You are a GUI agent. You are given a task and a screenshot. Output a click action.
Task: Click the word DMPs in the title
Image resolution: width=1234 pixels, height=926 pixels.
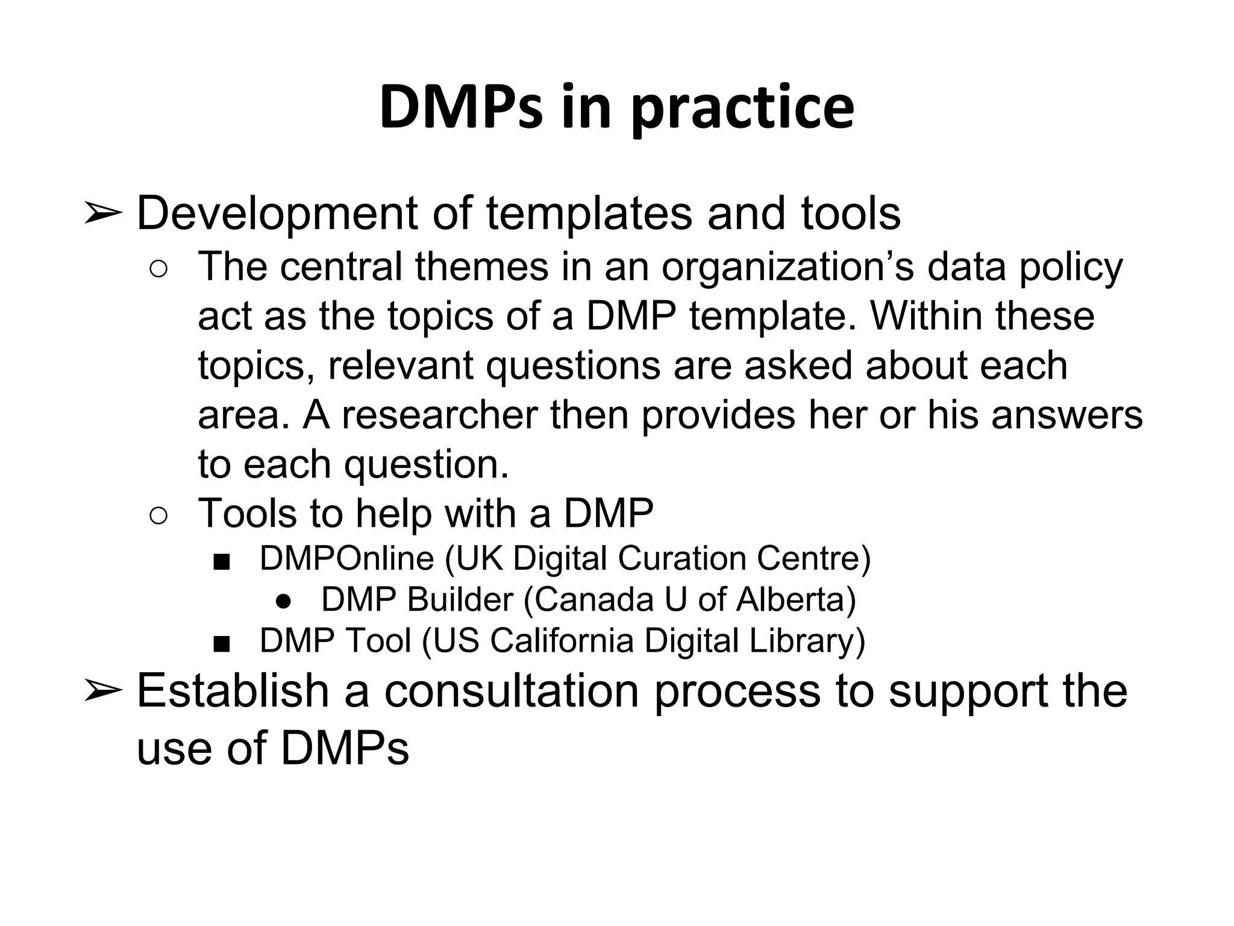461,107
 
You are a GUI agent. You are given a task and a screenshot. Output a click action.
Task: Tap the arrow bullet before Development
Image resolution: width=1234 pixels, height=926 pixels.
102,213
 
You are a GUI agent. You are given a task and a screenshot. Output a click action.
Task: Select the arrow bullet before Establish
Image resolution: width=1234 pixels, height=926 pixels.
102,690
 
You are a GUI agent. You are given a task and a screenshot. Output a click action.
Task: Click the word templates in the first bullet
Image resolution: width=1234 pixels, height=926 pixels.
589,215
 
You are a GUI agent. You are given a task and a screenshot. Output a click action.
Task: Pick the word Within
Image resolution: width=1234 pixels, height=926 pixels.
925,316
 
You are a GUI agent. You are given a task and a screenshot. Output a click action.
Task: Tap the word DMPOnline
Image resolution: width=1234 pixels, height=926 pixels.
346,558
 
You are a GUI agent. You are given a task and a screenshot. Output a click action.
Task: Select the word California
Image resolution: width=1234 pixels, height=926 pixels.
562,641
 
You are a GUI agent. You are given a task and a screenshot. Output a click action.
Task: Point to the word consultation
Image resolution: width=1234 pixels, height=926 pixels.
512,691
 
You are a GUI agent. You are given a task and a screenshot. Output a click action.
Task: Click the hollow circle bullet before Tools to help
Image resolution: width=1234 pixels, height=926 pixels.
158,516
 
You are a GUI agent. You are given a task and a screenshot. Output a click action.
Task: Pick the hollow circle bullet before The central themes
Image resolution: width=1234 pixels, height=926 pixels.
158,269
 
